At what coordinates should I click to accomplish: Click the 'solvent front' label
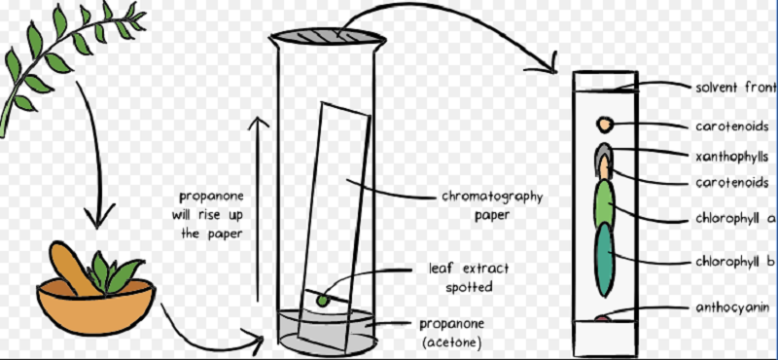(x=736, y=88)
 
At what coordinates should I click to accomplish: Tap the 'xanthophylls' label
(x=732, y=157)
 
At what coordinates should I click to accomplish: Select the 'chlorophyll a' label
(x=735, y=218)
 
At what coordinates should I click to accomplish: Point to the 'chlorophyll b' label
(x=735, y=261)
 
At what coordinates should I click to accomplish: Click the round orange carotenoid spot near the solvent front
(x=604, y=125)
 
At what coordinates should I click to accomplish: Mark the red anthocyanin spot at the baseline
(x=602, y=319)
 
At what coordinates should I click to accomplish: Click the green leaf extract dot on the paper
(x=322, y=300)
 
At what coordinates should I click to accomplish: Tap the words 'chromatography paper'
(x=492, y=205)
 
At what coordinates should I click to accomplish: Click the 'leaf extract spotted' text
(x=469, y=277)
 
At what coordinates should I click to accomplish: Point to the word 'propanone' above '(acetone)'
(x=451, y=324)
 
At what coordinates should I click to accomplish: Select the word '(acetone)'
(x=450, y=342)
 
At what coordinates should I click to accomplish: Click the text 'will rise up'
(x=208, y=215)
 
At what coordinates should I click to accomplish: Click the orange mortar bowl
(x=95, y=305)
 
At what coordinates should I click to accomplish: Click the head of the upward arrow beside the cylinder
(x=258, y=122)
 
